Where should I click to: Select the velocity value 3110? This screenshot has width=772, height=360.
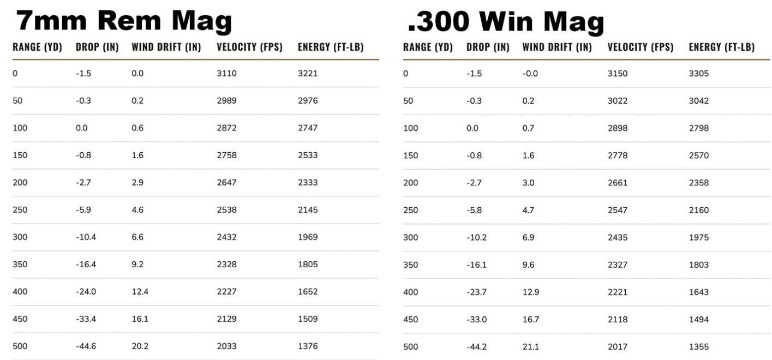(x=226, y=74)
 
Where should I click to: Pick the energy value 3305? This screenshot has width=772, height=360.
(x=699, y=74)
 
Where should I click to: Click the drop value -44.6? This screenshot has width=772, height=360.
(x=86, y=346)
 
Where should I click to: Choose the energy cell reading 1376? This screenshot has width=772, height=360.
(x=308, y=346)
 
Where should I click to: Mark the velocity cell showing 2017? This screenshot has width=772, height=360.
(x=617, y=346)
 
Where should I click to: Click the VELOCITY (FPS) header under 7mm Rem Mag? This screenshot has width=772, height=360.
(x=249, y=47)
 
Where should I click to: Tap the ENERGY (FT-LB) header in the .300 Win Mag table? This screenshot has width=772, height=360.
(x=721, y=47)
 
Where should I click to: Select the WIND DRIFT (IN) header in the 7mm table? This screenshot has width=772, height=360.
(x=166, y=47)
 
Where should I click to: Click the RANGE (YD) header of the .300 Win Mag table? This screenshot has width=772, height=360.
(x=428, y=47)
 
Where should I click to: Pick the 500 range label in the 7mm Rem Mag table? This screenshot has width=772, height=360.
(x=20, y=346)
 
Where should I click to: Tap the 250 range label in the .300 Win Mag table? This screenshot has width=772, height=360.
(x=410, y=210)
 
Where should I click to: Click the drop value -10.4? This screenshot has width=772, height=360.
(x=86, y=237)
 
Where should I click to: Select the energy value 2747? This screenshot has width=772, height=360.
(x=308, y=128)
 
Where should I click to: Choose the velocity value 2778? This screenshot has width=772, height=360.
(x=617, y=155)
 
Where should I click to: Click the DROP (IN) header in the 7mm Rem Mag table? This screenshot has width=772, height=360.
(x=97, y=47)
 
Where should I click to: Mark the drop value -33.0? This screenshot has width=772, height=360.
(x=476, y=319)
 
